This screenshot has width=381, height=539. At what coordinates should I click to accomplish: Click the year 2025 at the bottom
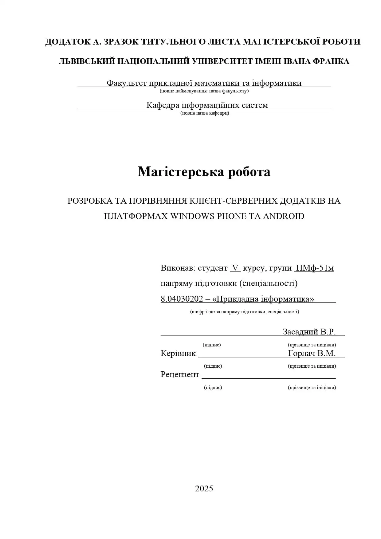pos(204,489)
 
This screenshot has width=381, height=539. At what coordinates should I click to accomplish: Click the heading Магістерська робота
pos(204,171)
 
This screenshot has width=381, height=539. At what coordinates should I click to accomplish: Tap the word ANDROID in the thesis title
pos(284,216)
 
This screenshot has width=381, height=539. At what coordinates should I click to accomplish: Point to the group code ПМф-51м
pos(314,268)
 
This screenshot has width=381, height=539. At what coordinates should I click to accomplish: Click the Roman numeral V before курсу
pos(235,268)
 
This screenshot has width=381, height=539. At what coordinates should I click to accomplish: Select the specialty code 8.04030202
pos(182,299)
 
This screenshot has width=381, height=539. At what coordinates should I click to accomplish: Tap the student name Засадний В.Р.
pos(309,332)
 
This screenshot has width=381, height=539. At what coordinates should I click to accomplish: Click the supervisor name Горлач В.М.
pos(312,353)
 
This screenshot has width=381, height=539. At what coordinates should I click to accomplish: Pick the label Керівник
pos(178,353)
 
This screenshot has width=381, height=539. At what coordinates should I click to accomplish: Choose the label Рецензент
pos(180,375)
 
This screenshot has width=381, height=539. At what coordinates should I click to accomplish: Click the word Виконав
pos(178,268)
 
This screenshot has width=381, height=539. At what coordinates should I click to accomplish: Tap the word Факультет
pos(126,83)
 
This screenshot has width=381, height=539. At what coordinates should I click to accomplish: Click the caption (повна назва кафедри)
pos(205,113)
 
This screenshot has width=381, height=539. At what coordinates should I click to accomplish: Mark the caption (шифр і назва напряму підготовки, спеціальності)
pos(245,312)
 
